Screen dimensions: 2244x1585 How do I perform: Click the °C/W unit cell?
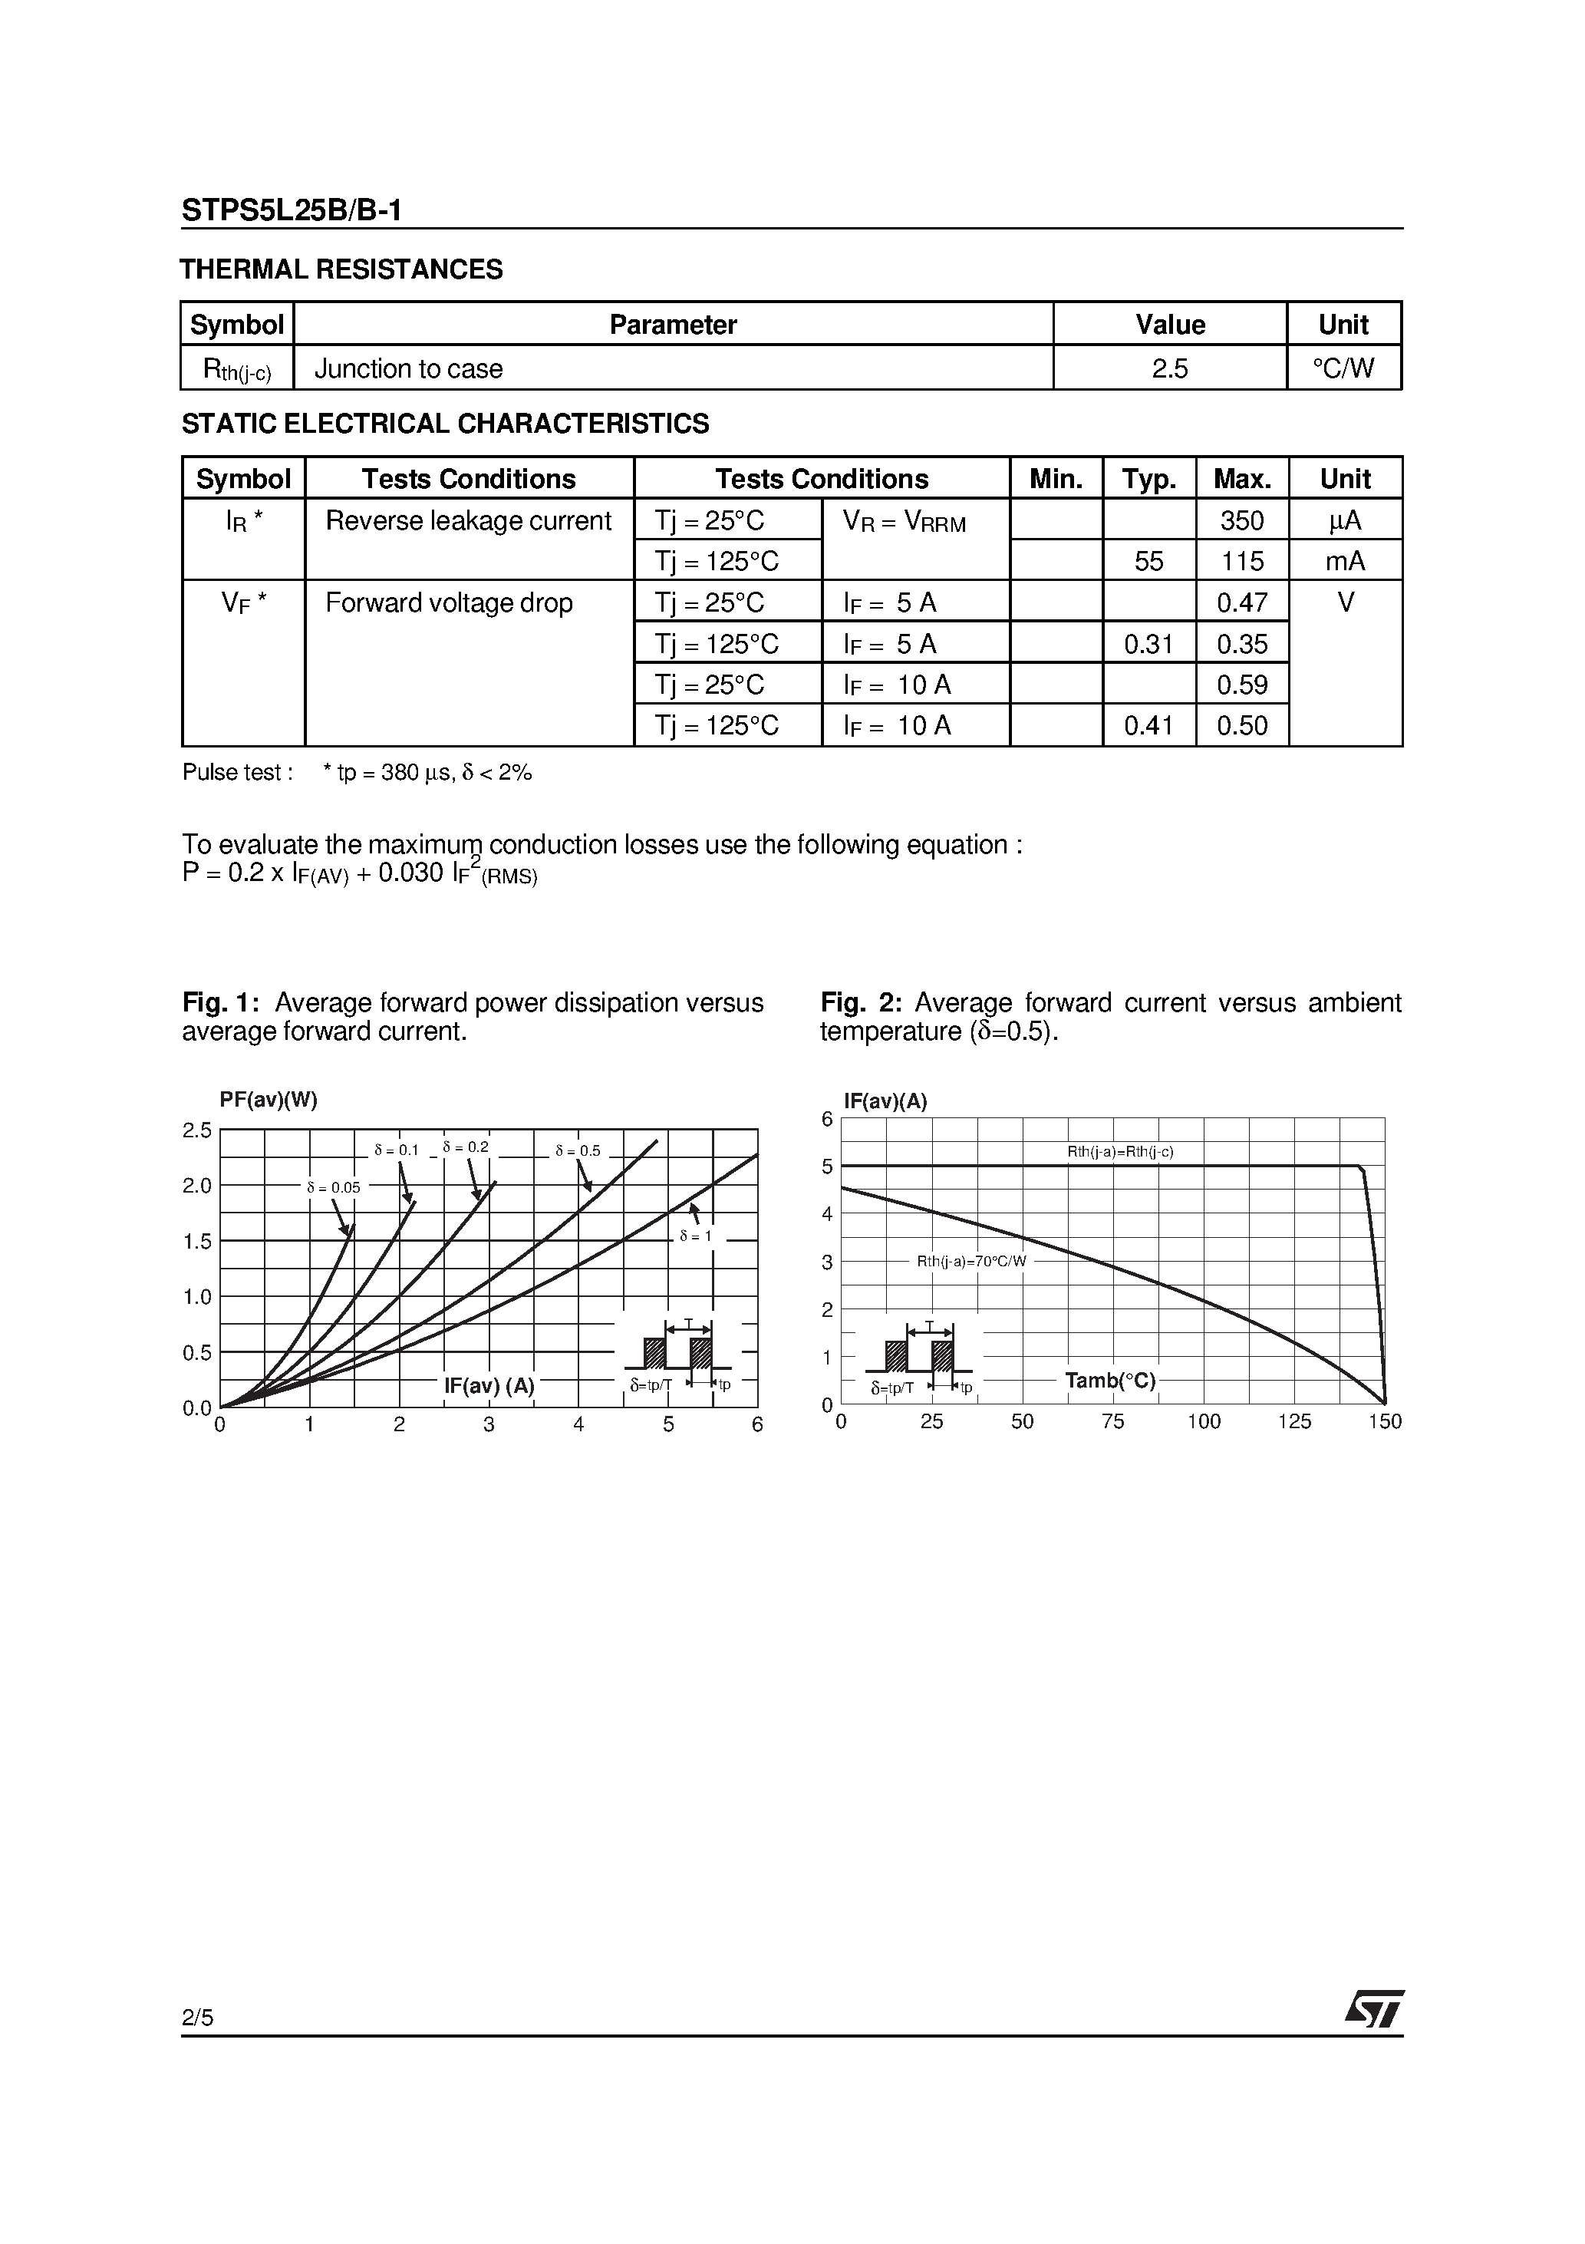[1343, 368]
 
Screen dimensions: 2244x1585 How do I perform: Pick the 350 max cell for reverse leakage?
[1241, 520]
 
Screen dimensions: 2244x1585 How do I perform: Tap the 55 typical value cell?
[1148, 561]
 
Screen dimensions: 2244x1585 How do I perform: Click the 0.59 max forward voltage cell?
[1241, 684]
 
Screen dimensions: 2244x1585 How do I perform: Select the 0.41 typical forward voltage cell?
[1148, 725]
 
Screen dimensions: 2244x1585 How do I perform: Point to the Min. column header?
[1056, 479]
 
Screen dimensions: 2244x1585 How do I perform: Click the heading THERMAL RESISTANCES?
[341, 269]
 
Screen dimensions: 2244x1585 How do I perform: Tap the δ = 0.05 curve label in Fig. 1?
[333, 1187]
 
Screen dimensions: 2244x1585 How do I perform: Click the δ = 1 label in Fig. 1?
[696, 1236]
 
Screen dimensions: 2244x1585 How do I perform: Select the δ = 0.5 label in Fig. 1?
[578, 1151]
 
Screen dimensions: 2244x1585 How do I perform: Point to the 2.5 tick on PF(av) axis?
[197, 1130]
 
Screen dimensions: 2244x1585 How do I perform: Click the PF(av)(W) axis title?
[269, 1100]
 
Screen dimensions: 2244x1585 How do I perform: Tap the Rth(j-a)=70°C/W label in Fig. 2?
[971, 1262]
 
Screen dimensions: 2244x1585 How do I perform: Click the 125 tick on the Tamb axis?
[1293, 1422]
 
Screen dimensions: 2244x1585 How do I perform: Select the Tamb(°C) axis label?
[1110, 1381]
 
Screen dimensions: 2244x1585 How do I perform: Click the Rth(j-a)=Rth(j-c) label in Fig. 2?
[1120, 1152]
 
